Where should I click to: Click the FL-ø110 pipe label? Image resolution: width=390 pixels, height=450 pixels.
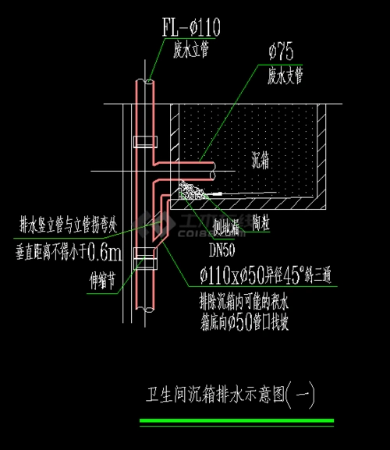(x=190, y=30)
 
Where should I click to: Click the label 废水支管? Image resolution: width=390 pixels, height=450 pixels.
(x=285, y=75)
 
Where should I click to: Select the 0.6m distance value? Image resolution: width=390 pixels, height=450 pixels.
(x=105, y=252)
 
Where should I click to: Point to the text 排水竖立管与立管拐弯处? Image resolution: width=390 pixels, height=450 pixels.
(x=69, y=226)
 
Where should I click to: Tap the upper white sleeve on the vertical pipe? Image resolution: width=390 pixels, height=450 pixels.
(x=145, y=142)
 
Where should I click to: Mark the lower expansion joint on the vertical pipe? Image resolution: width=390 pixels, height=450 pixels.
(x=145, y=254)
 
